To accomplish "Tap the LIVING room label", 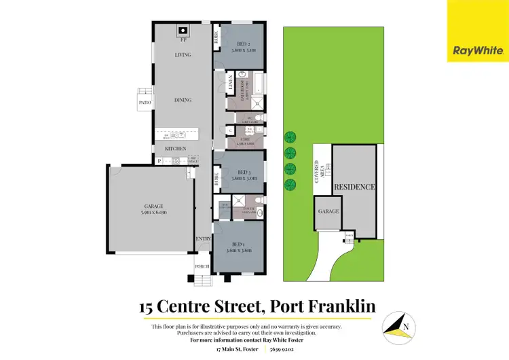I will (183, 55).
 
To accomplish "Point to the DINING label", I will (183, 100).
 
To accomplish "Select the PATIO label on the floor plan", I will (145, 103).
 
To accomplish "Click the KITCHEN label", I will (176, 147).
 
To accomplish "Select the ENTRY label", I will (204, 239).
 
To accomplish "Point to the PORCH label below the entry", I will (203, 266).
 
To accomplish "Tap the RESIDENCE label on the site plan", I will (354, 187).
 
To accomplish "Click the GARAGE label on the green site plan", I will (328, 211).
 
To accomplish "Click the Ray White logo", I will (477, 31).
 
